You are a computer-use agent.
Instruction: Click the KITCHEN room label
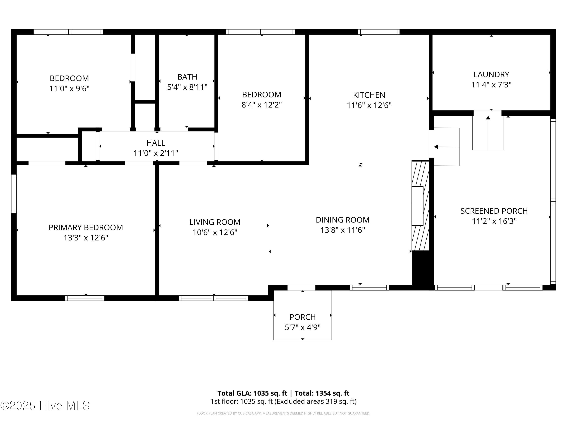click(369, 95)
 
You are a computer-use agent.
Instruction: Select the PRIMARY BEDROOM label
click(86, 227)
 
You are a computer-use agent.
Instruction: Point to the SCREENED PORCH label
click(494, 211)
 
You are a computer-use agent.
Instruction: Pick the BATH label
click(187, 77)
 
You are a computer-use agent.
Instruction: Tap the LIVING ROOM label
click(215, 222)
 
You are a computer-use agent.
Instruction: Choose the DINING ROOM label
click(342, 220)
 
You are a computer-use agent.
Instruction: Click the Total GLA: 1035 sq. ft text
click(252, 393)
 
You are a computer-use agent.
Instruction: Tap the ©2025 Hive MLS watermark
click(45, 406)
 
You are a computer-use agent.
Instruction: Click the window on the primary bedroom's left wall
click(14, 194)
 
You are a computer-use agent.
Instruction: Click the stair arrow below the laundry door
click(488, 133)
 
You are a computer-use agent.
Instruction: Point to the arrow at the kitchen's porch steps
click(447, 147)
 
